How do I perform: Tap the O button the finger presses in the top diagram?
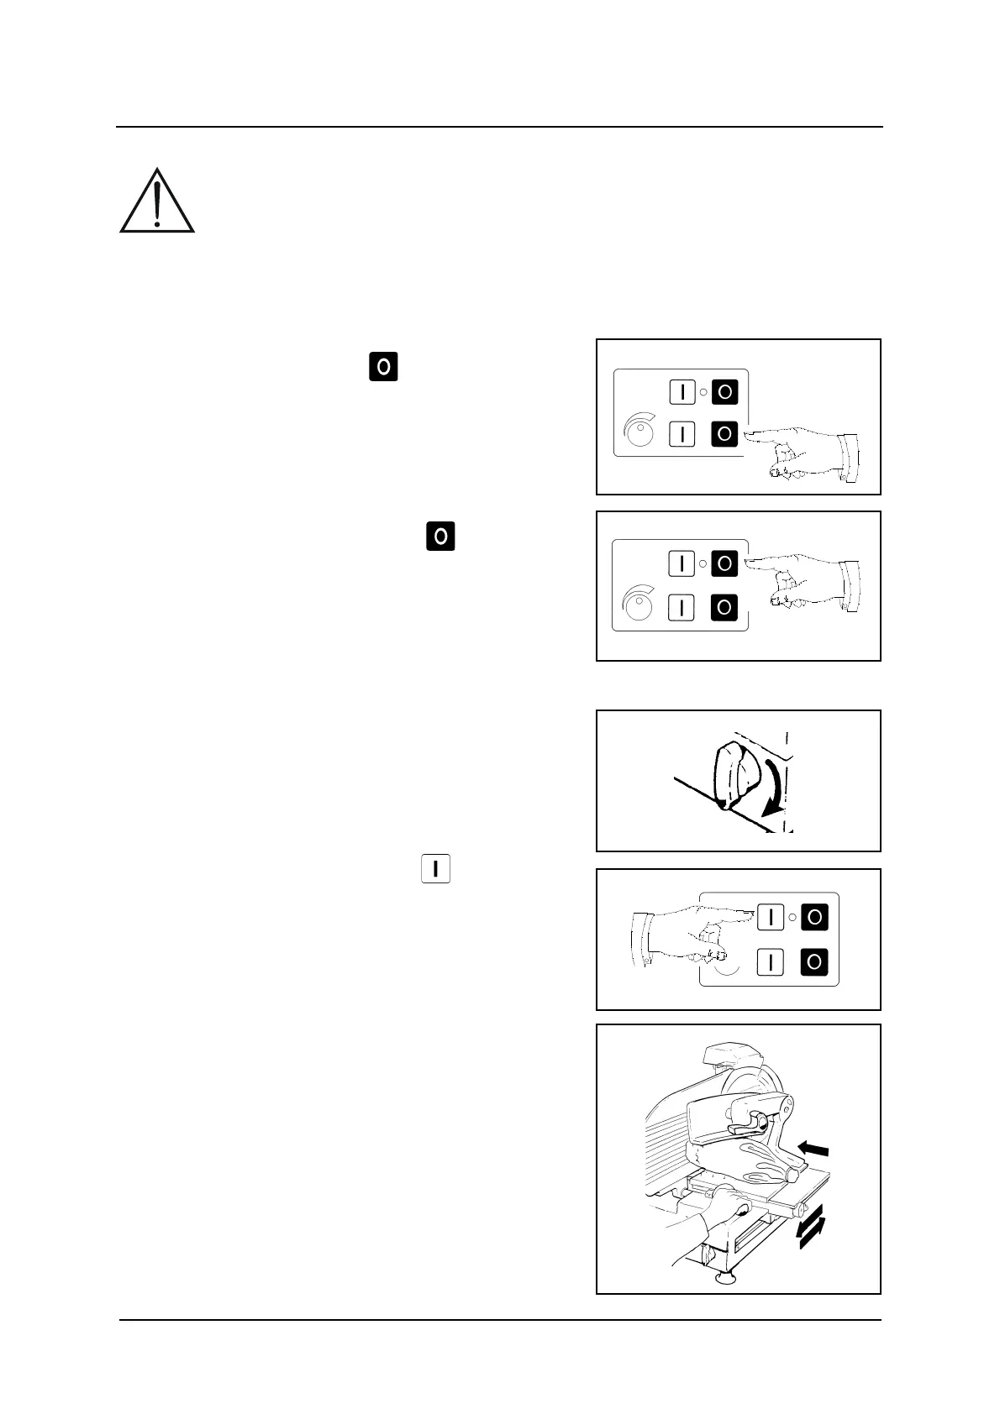tap(724, 434)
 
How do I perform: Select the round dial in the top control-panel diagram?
tap(639, 433)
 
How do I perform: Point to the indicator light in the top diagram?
tap(703, 392)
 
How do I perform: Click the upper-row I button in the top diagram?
tap(682, 392)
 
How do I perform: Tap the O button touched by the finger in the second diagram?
tap(724, 563)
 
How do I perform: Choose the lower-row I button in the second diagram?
tap(682, 606)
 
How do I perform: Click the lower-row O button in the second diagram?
tap(724, 606)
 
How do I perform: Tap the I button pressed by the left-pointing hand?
tap(771, 918)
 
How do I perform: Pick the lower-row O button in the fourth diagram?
tap(813, 961)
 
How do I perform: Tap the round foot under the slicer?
tap(723, 1278)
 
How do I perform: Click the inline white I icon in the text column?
tap(435, 869)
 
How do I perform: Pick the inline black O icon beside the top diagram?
tap(383, 367)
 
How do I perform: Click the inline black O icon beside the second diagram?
tap(440, 536)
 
